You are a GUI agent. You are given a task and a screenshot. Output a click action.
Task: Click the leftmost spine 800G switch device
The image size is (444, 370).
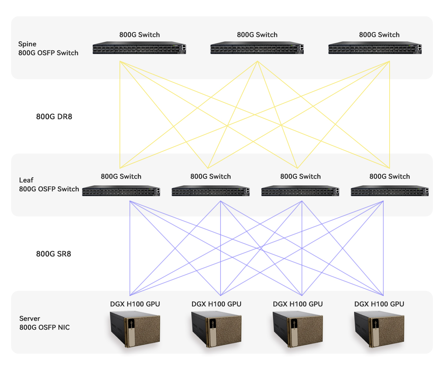click(x=139, y=49)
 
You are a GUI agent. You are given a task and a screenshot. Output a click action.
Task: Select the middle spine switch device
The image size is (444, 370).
click(x=257, y=49)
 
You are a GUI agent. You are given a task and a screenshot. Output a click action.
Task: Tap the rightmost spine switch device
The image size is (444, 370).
click(x=375, y=49)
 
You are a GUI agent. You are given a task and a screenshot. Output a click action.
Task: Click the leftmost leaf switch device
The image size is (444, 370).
click(x=121, y=191)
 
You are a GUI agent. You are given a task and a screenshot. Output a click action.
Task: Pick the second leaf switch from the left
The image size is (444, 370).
click(x=211, y=191)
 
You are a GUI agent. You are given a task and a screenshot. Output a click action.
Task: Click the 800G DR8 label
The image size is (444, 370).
click(x=54, y=117)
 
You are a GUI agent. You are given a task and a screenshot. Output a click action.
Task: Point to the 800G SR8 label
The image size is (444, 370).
click(x=54, y=254)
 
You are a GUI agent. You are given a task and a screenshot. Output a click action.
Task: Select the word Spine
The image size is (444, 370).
click(x=27, y=44)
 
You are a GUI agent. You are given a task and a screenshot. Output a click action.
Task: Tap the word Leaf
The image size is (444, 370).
click(x=26, y=180)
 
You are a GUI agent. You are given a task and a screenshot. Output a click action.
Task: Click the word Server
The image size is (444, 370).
click(x=30, y=319)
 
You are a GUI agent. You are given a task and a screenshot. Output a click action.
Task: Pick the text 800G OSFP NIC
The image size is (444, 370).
click(x=44, y=327)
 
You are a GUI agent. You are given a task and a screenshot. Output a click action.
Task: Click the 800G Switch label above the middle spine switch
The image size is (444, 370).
click(x=257, y=35)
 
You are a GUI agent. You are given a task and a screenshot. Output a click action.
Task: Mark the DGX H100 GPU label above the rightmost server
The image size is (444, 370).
click(x=379, y=304)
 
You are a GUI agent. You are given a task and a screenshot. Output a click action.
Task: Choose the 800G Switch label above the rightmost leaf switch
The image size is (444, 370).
click(x=390, y=176)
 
